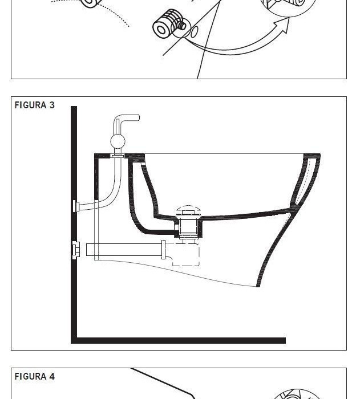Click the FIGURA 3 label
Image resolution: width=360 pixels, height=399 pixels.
34,105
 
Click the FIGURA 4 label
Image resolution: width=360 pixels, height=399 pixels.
34,376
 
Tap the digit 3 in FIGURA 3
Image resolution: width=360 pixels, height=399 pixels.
51,105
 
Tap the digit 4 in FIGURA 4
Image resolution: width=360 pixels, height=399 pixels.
51,376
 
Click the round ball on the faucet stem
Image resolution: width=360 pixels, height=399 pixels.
118,141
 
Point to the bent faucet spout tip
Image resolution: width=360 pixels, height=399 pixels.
136,118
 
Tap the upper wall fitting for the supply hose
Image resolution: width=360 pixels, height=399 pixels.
75,206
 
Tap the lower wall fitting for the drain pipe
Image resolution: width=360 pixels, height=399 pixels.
75,250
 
